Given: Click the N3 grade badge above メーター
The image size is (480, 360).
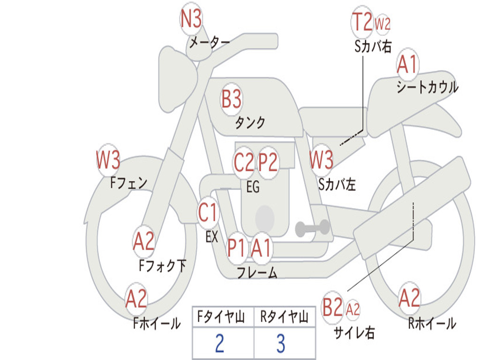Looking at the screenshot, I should tap(191, 20).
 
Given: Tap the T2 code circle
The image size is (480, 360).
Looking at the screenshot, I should tap(362, 22).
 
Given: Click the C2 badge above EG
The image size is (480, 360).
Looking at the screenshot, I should tap(244, 163).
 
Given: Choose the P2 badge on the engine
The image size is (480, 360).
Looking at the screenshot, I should tap(268, 163).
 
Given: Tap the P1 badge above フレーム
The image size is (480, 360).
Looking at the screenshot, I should tap(236, 248).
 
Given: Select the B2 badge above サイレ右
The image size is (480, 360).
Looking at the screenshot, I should tap(333, 308).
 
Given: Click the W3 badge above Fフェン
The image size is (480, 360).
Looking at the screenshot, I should tap(108, 160).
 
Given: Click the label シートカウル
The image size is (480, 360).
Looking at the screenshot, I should tap(427, 87).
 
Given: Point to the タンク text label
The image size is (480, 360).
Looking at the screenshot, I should tap(250, 123).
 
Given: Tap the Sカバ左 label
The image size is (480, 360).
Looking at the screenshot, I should tap(337, 185).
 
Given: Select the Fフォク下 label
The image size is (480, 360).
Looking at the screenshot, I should tap(163, 266).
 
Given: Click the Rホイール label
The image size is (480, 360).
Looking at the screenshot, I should tap(431, 323).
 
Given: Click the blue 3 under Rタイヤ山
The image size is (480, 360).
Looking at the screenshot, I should tap(280, 344).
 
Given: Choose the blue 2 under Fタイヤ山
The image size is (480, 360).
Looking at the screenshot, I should tap(219, 344).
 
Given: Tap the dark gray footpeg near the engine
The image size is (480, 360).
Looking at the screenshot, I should tap(313, 228).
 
